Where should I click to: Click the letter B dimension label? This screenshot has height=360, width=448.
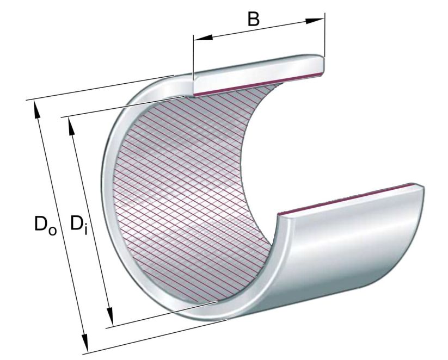pos(253,18)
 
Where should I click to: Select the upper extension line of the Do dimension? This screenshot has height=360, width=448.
pos(98,87)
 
